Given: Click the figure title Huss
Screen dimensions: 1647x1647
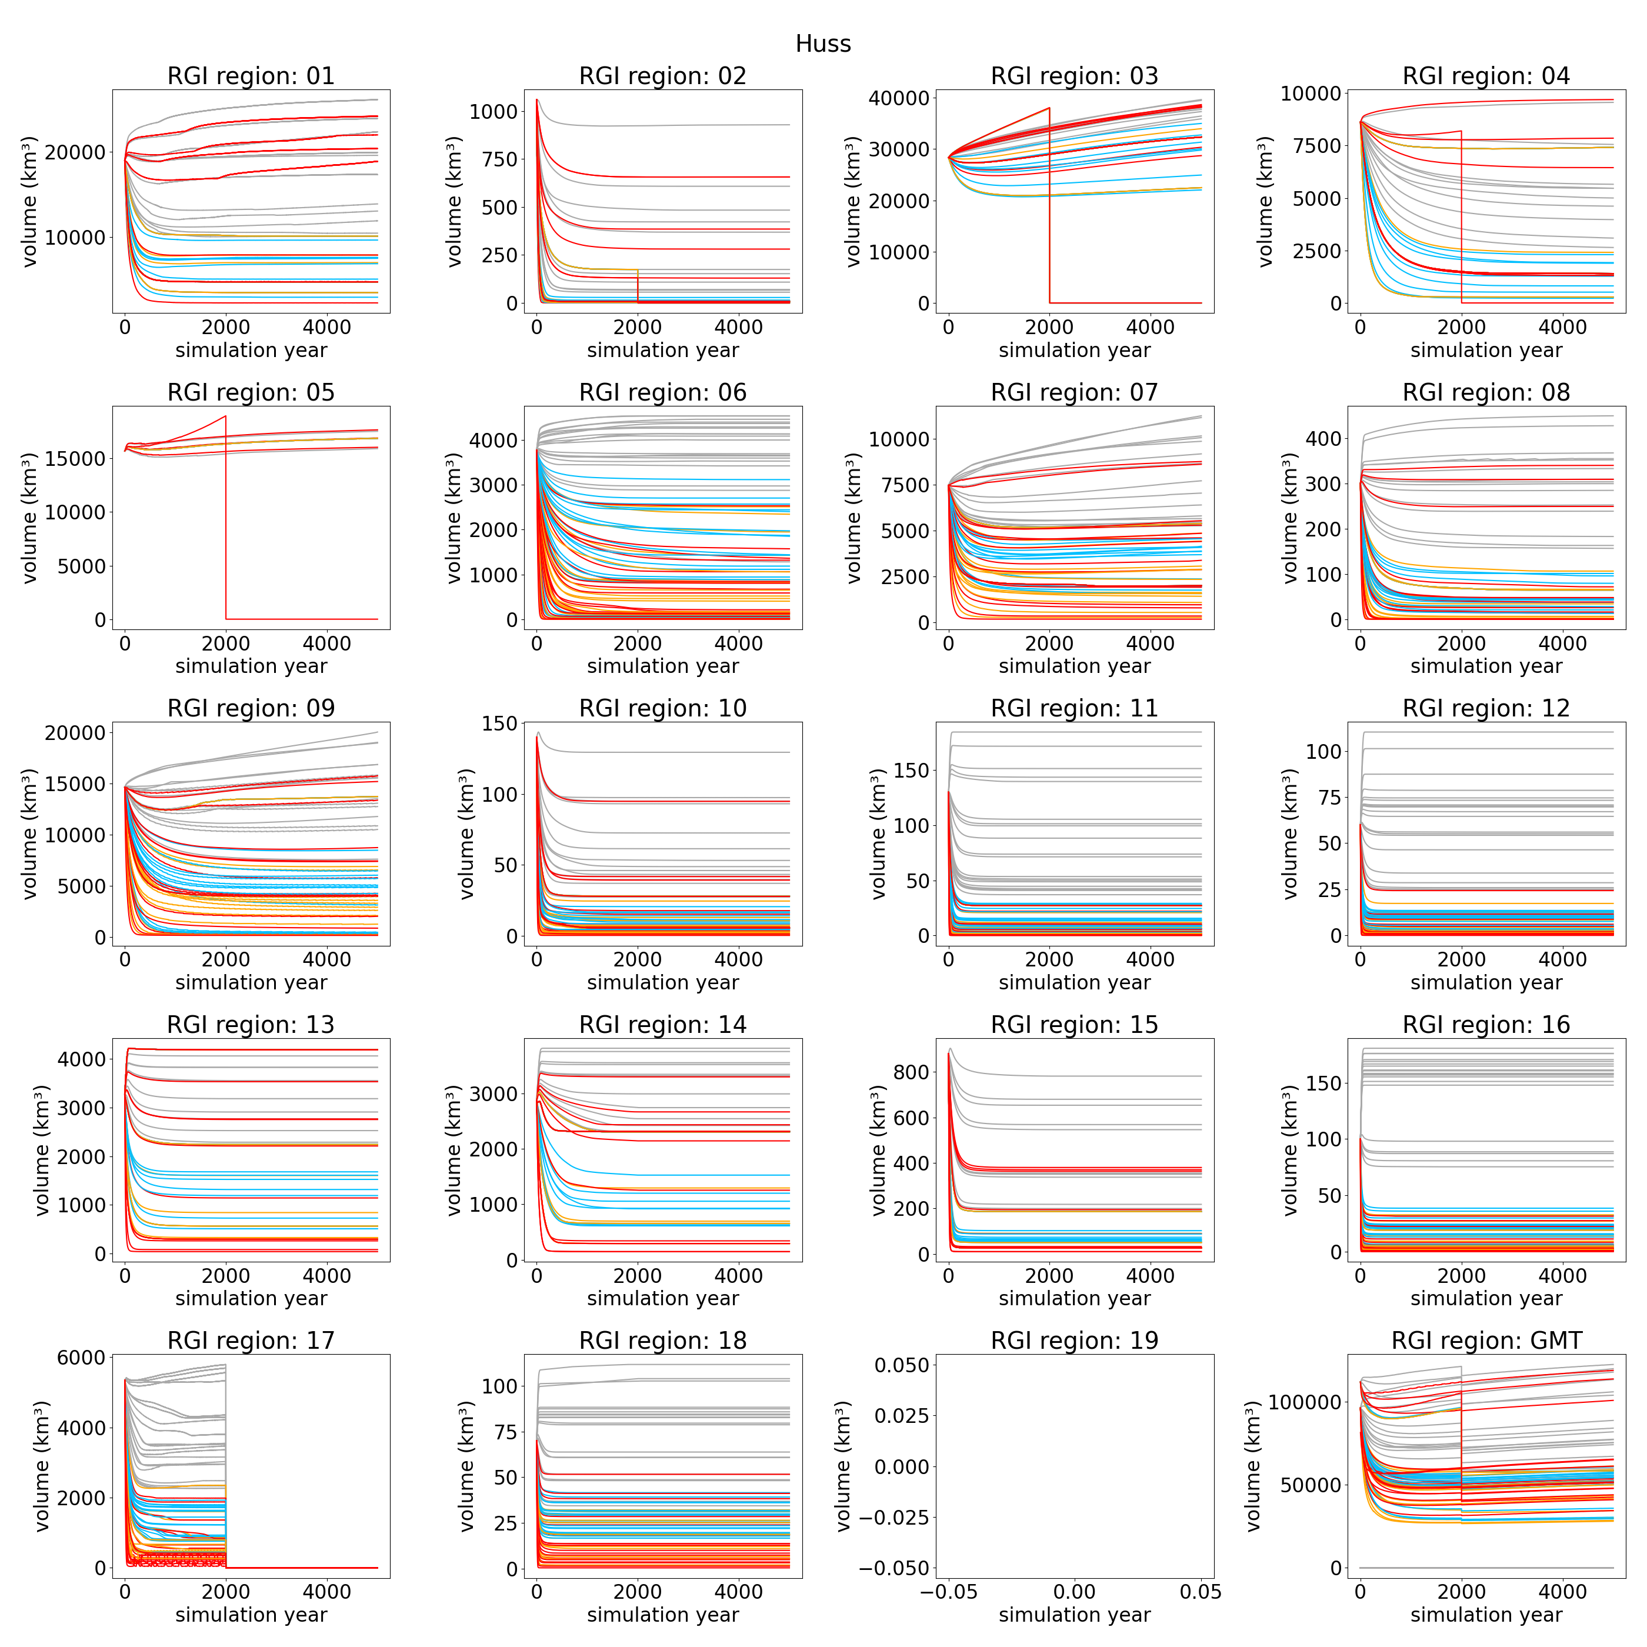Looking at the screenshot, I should point(823,44).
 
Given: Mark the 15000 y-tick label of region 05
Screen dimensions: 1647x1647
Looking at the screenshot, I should point(75,459).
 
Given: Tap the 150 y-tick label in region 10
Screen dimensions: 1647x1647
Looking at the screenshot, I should point(499,723).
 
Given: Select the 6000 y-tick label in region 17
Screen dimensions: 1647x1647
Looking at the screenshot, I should point(81,1357).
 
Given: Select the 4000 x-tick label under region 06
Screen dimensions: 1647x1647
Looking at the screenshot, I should point(738,643).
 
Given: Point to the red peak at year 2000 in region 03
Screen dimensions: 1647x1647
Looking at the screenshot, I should point(1049,108).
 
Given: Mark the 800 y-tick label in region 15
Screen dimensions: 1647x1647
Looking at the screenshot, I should point(911,1072).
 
